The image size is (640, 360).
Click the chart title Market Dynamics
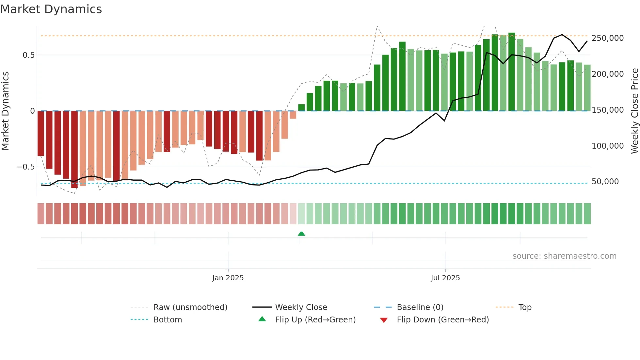click(x=51, y=9)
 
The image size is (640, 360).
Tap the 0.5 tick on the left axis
click(x=28, y=55)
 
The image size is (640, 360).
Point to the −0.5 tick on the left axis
click(x=26, y=167)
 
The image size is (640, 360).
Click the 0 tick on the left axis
click(x=32, y=111)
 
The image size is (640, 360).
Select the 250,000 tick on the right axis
click(x=607, y=38)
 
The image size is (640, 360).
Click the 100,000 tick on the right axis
click(x=607, y=146)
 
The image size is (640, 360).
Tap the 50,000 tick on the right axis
click(x=605, y=182)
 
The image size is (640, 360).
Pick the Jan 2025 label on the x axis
click(x=228, y=278)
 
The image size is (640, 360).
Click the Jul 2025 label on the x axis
click(x=445, y=278)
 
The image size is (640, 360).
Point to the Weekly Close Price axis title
click(x=634, y=111)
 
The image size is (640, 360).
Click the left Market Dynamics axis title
click(x=5, y=111)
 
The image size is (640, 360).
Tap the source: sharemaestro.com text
click(x=564, y=256)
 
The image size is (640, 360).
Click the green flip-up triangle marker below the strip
click(x=301, y=234)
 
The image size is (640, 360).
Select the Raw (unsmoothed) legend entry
click(x=190, y=307)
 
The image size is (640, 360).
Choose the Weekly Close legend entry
click(x=301, y=307)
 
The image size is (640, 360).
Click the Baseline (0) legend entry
click(x=420, y=307)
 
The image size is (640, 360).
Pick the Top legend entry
click(x=525, y=307)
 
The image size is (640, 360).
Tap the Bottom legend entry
click(x=168, y=320)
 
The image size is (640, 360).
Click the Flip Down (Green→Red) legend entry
click(x=442, y=320)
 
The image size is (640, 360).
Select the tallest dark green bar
click(x=511, y=72)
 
